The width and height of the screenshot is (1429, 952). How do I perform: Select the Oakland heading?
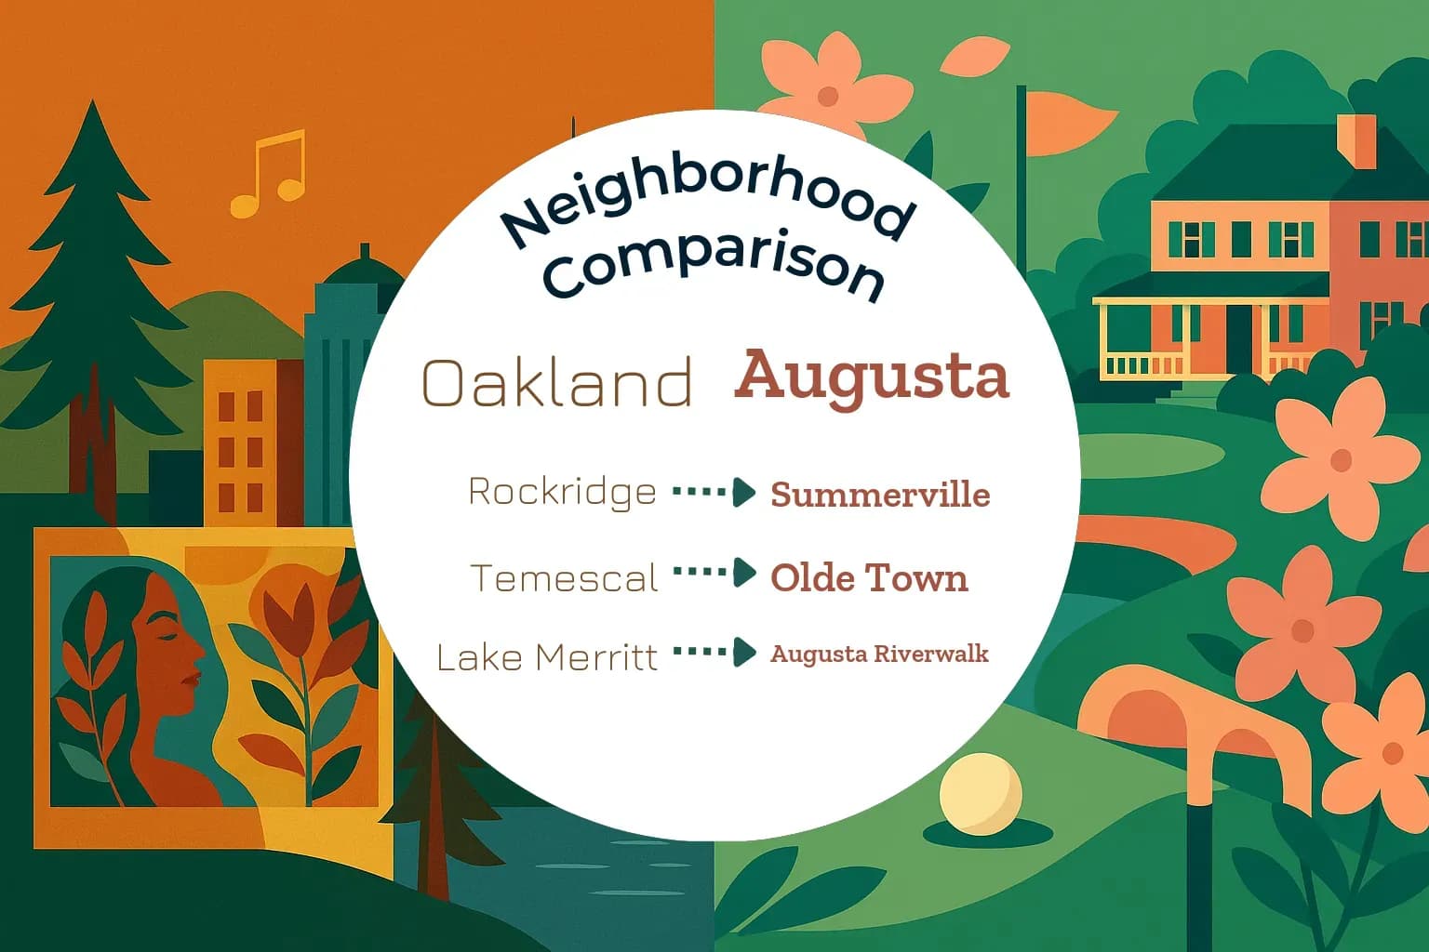pyautogui.click(x=557, y=382)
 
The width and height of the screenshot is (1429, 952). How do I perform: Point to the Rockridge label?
pyautogui.click(x=562, y=492)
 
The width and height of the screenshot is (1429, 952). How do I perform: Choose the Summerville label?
pyautogui.click(x=880, y=495)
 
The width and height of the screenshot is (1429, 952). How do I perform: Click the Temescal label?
pyautogui.click(x=565, y=578)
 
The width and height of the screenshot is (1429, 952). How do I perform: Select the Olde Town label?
pyautogui.click(x=869, y=578)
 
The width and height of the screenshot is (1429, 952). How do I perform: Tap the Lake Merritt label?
pyautogui.click(x=547, y=658)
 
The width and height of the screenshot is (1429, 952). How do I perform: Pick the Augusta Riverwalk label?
pyautogui.click(x=879, y=654)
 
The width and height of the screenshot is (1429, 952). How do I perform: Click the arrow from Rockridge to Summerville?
pyautogui.click(x=714, y=492)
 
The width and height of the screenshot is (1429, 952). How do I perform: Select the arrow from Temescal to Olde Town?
pyautogui.click(x=714, y=573)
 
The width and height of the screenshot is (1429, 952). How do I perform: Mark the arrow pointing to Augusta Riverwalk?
pyautogui.click(x=714, y=652)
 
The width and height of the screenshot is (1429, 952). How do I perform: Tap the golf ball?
pyautogui.click(x=980, y=794)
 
